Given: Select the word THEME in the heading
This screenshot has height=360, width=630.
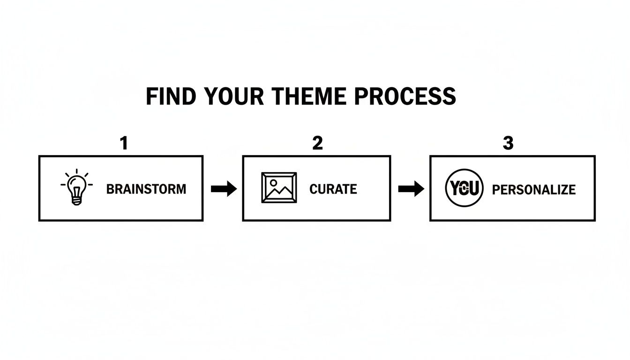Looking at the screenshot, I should (310, 96).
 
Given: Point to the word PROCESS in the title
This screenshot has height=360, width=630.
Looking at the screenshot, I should (405, 96).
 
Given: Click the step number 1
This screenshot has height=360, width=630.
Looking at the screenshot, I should (124, 143).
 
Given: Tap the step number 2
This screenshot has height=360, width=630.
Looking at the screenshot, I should (317, 143).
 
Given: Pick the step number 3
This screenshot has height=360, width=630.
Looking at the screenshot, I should (508, 143).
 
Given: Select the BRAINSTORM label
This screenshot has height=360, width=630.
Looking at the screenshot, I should (146, 189).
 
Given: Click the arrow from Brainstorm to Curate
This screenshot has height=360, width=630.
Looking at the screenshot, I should (224, 189).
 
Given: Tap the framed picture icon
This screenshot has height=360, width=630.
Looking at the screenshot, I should (279, 187).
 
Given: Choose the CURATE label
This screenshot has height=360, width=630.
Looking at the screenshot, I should (333, 189).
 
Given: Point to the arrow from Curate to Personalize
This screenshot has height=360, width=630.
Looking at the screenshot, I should (411, 189).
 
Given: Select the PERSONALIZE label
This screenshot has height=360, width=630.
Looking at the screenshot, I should (534, 189).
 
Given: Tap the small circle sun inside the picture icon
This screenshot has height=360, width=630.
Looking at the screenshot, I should (273, 182).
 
